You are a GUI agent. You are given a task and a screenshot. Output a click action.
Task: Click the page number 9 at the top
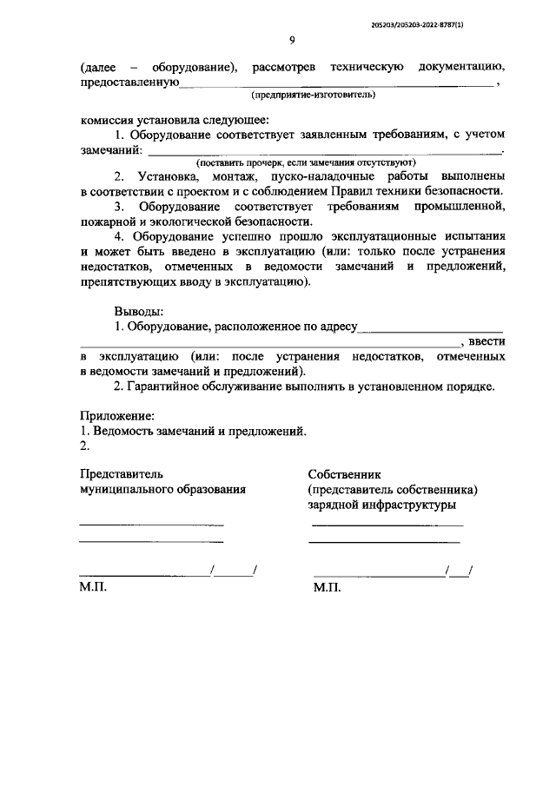point(292,40)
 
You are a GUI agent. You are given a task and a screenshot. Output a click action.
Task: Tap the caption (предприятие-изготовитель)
point(313,93)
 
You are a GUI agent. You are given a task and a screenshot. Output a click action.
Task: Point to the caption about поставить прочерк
point(306,162)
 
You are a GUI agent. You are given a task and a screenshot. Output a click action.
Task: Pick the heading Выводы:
point(137,311)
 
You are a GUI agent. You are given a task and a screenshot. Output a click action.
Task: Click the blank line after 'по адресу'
point(431,327)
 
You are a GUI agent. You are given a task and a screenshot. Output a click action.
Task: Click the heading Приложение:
point(117,416)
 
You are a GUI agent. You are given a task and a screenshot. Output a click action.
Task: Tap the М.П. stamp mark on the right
point(327,588)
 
